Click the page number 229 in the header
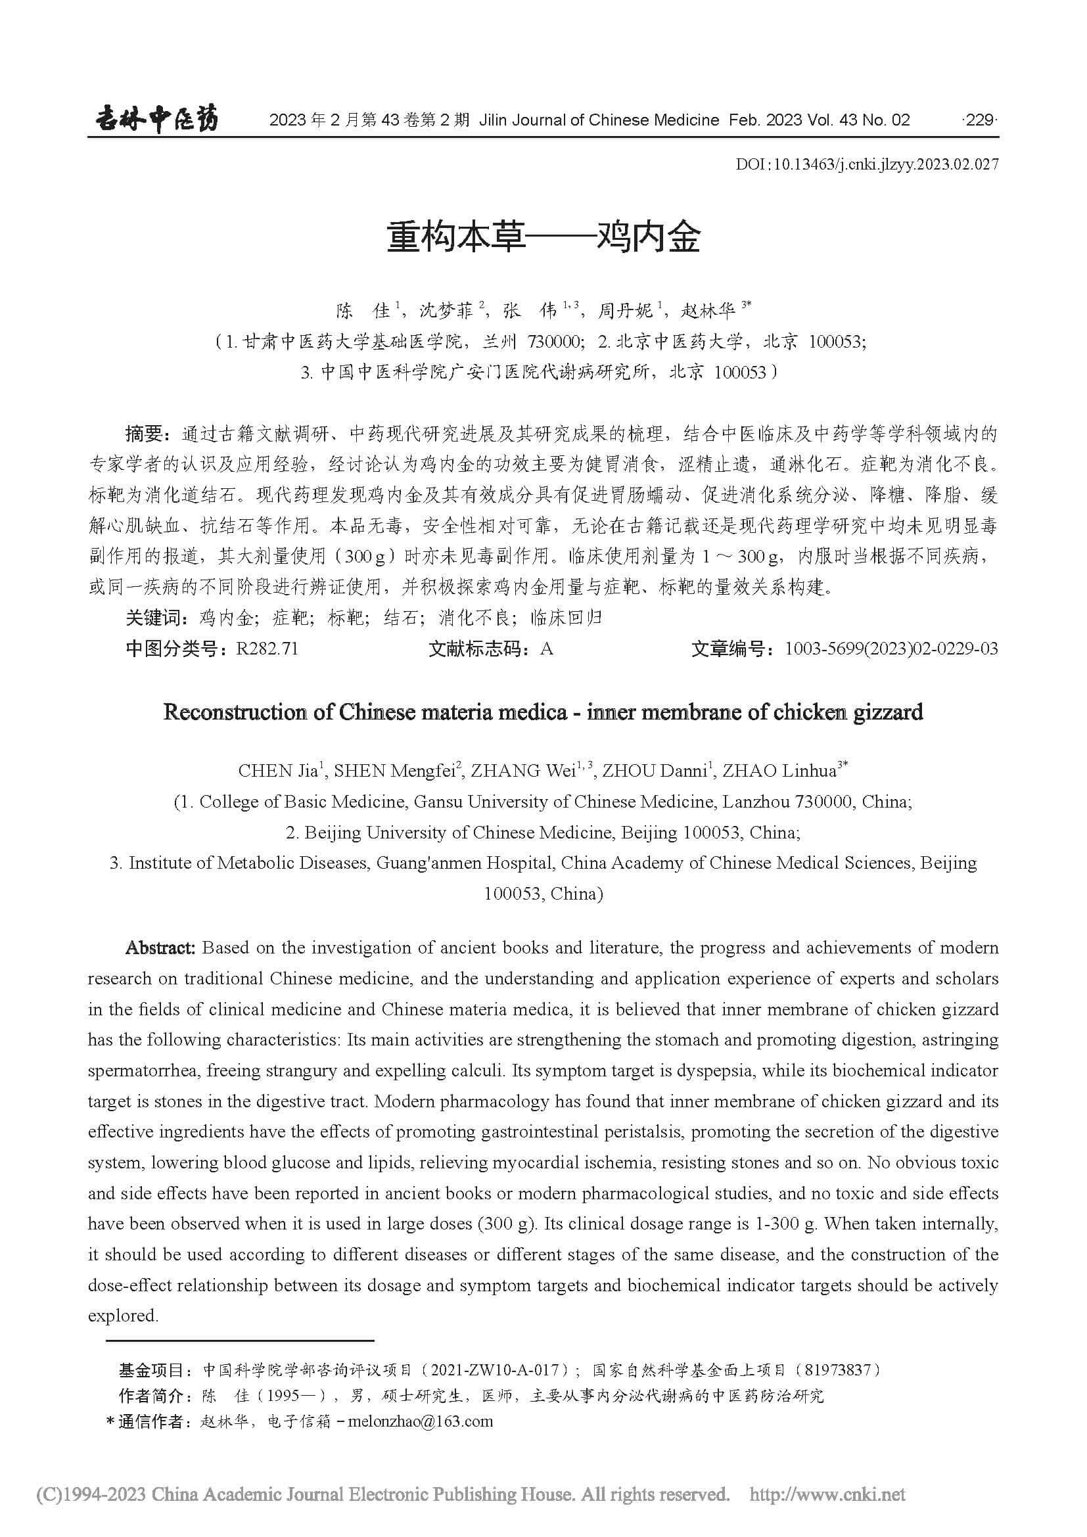(x=980, y=120)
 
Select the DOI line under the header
(x=867, y=164)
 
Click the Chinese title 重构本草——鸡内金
(x=543, y=237)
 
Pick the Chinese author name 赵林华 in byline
(x=708, y=311)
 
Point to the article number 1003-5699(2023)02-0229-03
(x=891, y=649)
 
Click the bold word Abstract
(x=160, y=948)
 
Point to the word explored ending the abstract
(x=122, y=1316)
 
